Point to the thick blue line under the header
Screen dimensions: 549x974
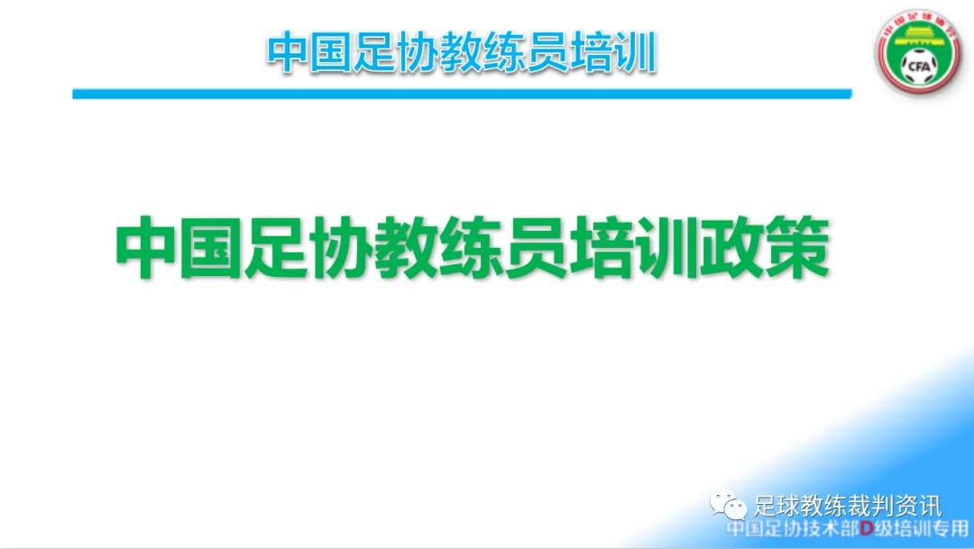click(461, 93)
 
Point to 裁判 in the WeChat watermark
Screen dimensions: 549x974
click(866, 506)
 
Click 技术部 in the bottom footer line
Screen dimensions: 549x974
click(825, 529)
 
